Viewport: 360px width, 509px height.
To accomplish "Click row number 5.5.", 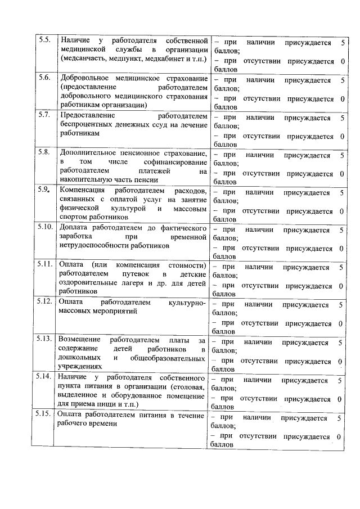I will (44, 40).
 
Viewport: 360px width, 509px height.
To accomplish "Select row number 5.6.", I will (44, 78).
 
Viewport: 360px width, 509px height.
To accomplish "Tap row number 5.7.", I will (44, 115).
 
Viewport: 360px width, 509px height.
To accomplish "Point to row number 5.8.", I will (44, 152).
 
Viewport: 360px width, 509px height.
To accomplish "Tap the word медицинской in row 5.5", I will (84, 50).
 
